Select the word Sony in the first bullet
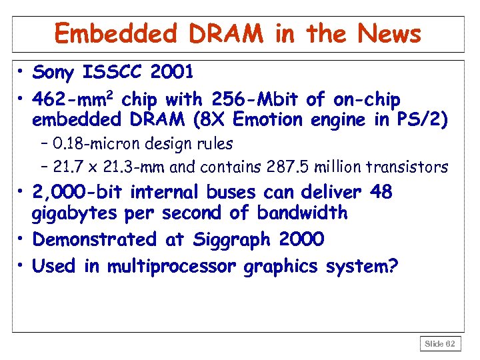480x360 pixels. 54,71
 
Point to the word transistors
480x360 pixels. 413,166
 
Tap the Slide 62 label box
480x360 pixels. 440,343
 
